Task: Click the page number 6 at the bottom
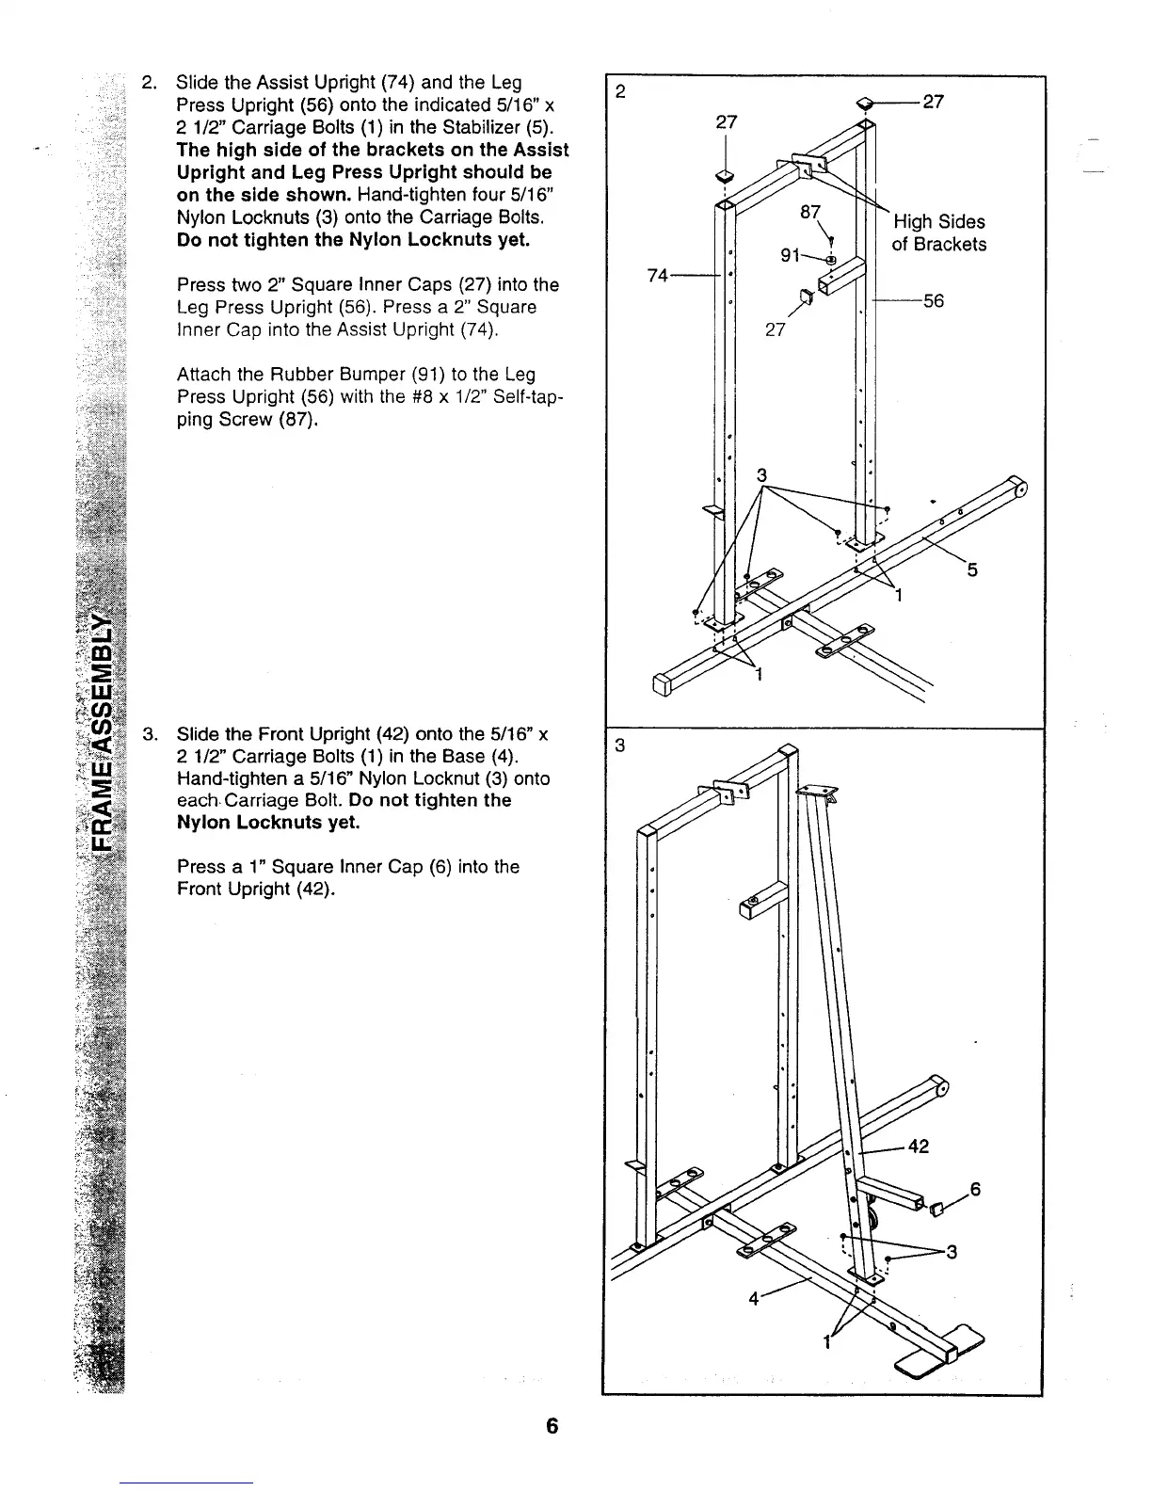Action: point(552,1426)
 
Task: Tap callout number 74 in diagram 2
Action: point(659,275)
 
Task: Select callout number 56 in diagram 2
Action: point(933,301)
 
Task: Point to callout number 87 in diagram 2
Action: point(810,213)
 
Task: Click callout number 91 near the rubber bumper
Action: point(792,256)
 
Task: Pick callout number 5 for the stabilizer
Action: point(972,569)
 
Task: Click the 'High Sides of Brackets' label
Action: point(938,233)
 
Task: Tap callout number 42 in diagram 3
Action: point(919,1146)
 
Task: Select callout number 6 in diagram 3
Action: point(976,1189)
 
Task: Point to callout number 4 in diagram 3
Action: point(753,1299)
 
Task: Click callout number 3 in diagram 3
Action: point(952,1252)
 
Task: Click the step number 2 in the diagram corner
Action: point(619,91)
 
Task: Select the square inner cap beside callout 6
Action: point(936,1209)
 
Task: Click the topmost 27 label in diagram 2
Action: point(933,103)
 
